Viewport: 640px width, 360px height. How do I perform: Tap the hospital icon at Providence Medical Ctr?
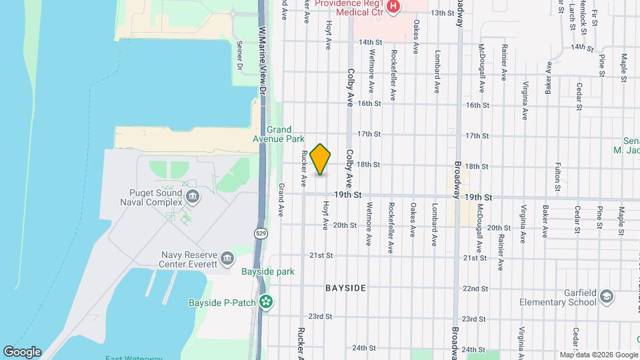[x=393, y=7]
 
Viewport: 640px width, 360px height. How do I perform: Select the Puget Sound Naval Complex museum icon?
[x=193, y=195]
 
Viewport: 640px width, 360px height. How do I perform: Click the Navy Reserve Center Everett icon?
[x=227, y=258]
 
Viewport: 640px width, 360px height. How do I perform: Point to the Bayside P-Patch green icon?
[x=266, y=303]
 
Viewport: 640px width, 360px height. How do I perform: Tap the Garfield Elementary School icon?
[x=607, y=295]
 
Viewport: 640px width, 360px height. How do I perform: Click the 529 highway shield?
[x=259, y=232]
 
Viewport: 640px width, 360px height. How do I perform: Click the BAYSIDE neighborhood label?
[x=345, y=288]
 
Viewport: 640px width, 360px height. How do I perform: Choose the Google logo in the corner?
[x=22, y=351]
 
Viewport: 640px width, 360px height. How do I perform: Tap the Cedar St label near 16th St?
[x=579, y=95]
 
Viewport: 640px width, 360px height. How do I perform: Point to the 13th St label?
[x=441, y=13]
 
